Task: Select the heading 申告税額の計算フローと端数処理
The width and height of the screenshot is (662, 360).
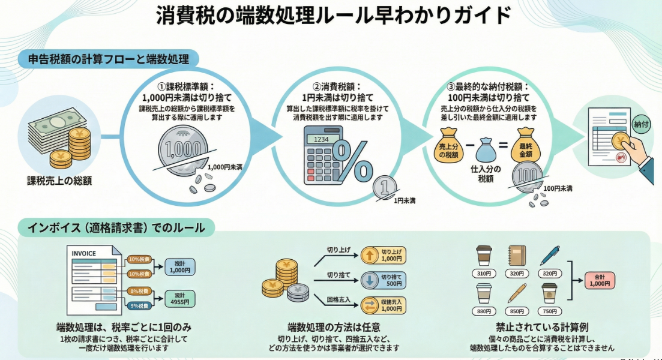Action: click(108, 59)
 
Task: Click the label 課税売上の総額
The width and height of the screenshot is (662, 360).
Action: click(59, 180)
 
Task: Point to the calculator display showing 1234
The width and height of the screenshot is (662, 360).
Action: click(321, 139)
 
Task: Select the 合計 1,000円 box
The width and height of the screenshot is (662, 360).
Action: click(600, 280)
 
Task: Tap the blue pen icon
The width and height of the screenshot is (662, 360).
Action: click(549, 255)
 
